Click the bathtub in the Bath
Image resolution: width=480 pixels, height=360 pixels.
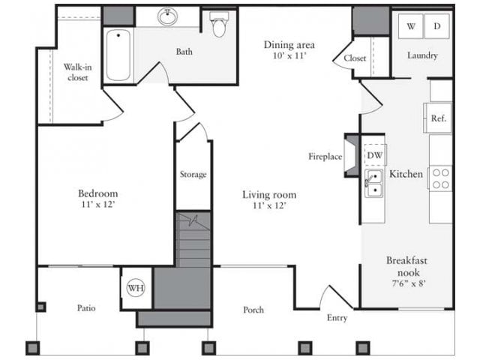point(118,55)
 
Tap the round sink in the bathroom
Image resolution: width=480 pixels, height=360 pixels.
point(166,17)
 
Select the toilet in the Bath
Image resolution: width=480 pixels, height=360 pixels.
point(219,25)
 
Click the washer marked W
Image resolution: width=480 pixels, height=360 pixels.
point(410,26)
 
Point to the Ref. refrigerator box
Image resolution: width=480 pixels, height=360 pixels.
point(439,118)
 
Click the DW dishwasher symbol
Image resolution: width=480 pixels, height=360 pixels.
point(373,155)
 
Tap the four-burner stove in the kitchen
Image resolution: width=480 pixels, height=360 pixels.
point(441,178)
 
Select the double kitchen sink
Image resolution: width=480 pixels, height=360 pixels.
point(373,183)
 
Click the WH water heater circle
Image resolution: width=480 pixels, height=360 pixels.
point(136,287)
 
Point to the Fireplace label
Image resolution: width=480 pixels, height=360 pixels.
point(325,157)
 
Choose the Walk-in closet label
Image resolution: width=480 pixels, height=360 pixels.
point(77,72)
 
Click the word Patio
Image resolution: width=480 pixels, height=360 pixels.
point(85,307)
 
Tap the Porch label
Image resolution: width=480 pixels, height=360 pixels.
point(253,310)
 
